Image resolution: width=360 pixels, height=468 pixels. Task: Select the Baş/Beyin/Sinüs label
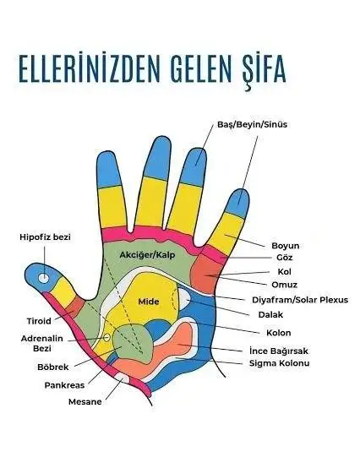tap(252, 124)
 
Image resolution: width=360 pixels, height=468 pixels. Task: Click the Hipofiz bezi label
tap(45, 237)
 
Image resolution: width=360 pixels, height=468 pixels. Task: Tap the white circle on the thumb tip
tap(44, 278)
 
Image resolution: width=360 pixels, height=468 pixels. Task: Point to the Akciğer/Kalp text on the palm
tap(147, 255)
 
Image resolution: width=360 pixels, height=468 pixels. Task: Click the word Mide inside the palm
tap(149, 302)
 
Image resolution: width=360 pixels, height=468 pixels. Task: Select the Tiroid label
tap(39, 321)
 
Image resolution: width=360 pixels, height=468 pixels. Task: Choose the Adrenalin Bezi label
tap(42, 344)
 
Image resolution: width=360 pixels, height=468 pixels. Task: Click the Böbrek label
tap(53, 367)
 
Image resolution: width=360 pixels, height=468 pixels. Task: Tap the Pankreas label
tap(64, 385)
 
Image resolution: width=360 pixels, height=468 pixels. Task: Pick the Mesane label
tap(85, 402)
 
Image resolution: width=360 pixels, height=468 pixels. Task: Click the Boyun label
tap(285, 246)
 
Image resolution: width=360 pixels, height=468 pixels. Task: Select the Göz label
tap(284, 258)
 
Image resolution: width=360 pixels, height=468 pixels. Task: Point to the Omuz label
tap(284, 285)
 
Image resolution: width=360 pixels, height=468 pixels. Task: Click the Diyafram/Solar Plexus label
tap(300, 300)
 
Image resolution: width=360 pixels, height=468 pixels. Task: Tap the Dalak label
tap(270, 314)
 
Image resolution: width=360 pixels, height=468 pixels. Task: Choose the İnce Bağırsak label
tap(279, 351)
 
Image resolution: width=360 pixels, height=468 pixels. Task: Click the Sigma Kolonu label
tap(279, 363)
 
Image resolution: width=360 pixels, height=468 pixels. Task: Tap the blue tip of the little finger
tap(238, 203)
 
